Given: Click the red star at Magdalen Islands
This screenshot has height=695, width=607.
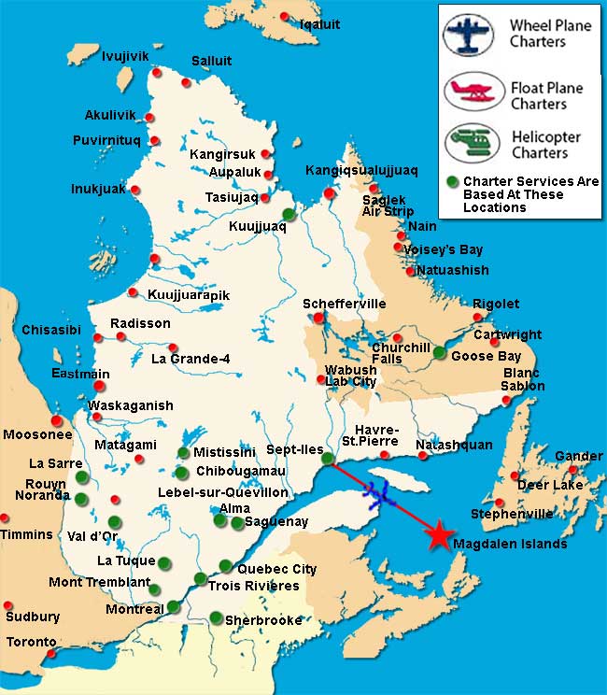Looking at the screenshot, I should [436, 535].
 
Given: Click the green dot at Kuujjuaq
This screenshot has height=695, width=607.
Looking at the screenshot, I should [289, 214].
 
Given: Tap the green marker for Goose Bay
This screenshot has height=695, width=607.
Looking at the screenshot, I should [439, 352].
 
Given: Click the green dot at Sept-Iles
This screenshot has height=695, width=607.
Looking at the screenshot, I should [327, 458].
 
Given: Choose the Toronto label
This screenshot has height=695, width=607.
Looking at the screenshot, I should [31, 643].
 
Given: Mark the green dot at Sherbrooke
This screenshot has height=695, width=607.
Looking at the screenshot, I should [216, 617].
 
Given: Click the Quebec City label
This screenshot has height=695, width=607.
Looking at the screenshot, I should [276, 569].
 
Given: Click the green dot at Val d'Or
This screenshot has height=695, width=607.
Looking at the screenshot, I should [114, 521].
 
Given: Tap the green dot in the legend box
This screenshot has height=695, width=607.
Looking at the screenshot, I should [452, 180].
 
